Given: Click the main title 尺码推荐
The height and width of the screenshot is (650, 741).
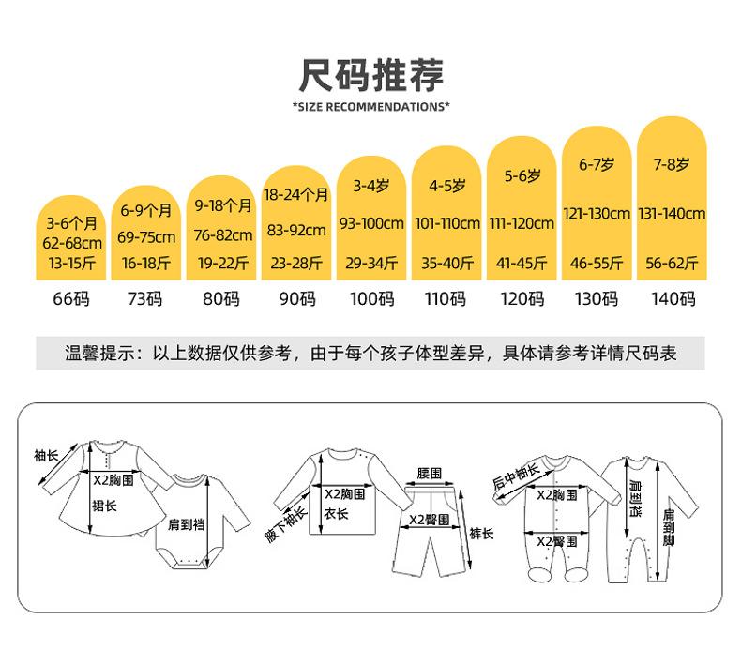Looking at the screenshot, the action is click(x=371, y=75).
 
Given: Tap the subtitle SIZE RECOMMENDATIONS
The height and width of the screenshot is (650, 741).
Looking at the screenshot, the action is click(x=371, y=107).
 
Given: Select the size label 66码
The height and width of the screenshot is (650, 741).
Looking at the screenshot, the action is click(x=71, y=299).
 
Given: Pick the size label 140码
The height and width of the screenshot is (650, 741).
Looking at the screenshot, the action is click(x=673, y=299).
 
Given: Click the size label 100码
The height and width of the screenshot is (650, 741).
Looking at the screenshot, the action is click(x=372, y=299).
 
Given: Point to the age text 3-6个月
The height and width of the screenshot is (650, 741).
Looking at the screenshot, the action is click(x=72, y=223).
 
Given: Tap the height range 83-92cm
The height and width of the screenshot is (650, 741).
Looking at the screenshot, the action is click(x=296, y=230).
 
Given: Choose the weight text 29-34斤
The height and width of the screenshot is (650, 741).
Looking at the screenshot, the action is click(x=371, y=263).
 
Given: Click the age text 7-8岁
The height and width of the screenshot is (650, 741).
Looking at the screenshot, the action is click(x=672, y=164).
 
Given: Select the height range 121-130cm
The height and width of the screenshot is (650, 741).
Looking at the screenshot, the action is click(x=597, y=214).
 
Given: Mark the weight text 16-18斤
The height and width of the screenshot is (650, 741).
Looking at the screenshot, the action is click(x=146, y=263).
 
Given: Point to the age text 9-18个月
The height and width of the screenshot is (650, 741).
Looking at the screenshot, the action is click(x=223, y=205).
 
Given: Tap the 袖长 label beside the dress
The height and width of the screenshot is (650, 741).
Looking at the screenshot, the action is click(x=46, y=455).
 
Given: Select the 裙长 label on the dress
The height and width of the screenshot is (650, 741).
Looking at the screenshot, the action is click(x=104, y=506).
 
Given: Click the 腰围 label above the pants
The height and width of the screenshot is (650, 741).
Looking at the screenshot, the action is click(x=429, y=474).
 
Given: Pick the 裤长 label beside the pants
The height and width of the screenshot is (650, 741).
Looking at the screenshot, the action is click(x=481, y=534).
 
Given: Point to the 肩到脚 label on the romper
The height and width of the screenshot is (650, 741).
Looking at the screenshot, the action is click(x=668, y=527).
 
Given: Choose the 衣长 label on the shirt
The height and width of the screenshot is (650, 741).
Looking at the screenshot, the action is click(x=336, y=513).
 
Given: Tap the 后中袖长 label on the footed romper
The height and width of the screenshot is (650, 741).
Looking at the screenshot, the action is click(x=516, y=476).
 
